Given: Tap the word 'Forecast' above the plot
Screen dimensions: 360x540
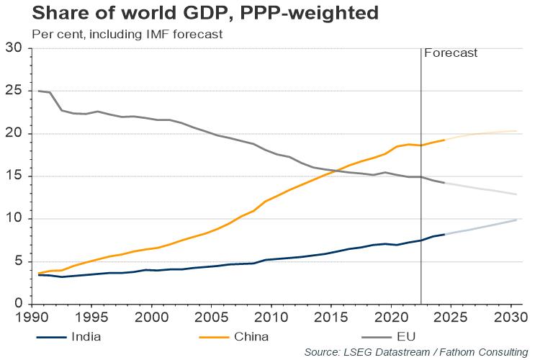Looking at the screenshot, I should (x=451, y=53).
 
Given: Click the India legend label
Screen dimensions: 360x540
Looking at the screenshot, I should (x=86, y=336).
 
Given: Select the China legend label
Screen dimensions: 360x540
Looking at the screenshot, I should (x=253, y=336).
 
